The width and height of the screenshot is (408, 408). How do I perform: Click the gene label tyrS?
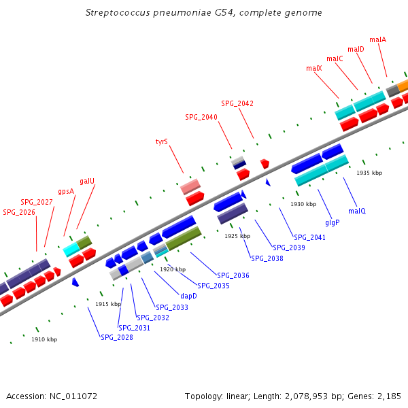point(161,142)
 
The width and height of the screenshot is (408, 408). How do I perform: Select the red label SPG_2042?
point(237,103)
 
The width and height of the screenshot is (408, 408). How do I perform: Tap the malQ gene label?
point(357,211)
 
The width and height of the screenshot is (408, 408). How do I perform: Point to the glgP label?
point(332,222)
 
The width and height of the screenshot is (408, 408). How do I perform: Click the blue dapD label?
point(188,296)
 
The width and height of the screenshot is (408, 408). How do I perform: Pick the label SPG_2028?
point(117,337)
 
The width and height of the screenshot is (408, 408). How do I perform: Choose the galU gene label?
point(87,181)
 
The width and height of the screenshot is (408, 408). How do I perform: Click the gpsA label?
point(66,191)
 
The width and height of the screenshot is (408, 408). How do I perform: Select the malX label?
point(313,68)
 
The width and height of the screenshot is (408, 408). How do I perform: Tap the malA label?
point(377,39)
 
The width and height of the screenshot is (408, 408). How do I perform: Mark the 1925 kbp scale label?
point(237,236)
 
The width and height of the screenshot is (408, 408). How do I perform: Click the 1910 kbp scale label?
point(44,339)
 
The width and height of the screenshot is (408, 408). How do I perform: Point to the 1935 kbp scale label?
point(369,173)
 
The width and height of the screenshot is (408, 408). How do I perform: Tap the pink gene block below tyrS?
point(190,186)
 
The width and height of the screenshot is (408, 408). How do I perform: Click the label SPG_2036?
point(233,275)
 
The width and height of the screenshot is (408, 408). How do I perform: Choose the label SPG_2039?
point(289,248)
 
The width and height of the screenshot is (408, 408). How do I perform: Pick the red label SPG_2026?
point(19,212)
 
